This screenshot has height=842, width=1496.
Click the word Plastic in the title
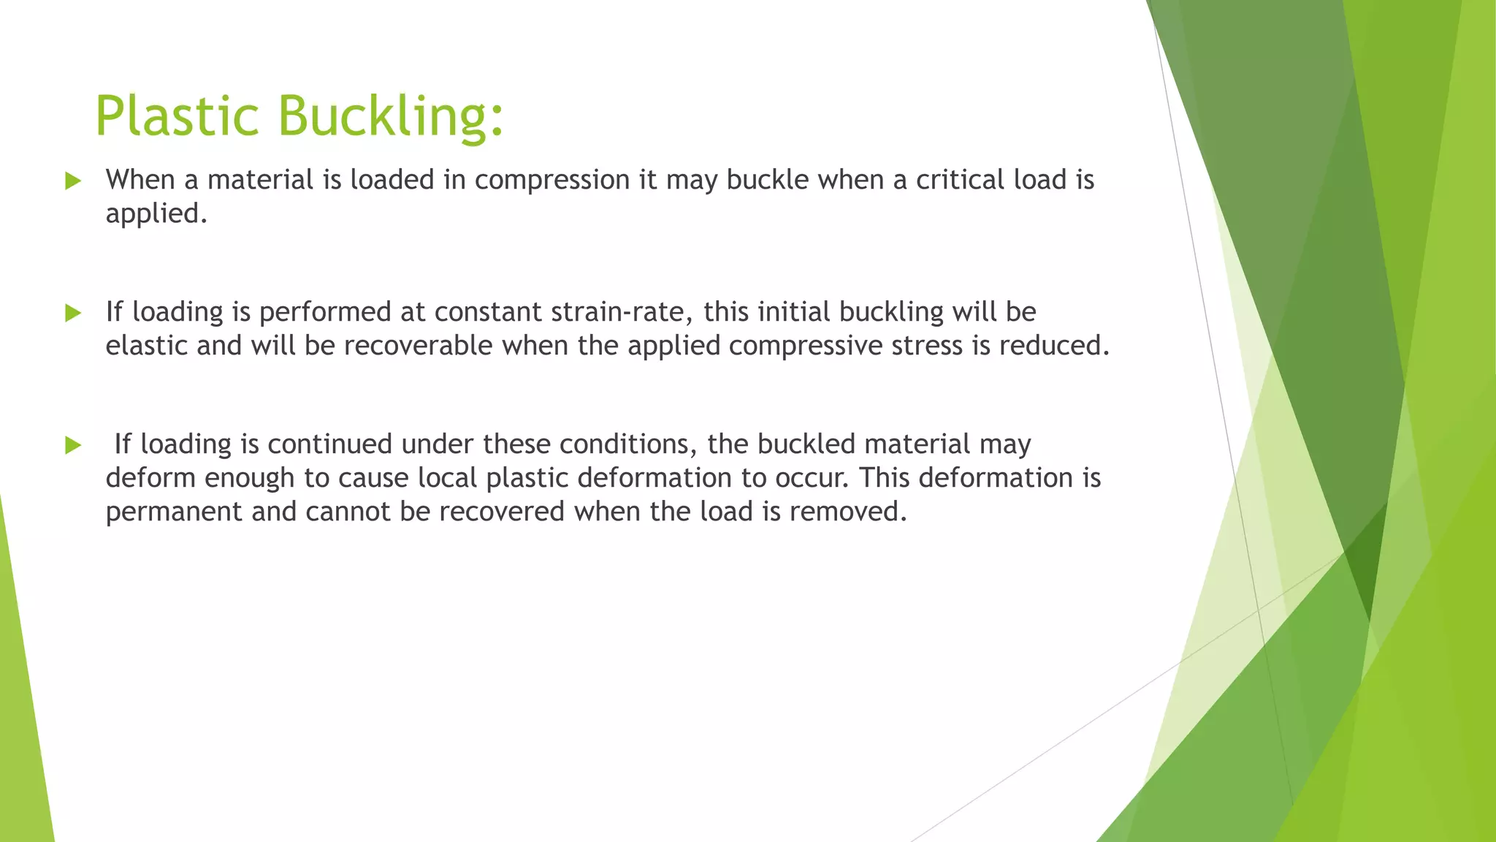tap(177, 115)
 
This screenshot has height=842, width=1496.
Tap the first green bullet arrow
tap(72, 181)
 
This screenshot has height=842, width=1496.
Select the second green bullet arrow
tap(72, 313)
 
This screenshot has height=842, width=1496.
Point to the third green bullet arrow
tap(72, 444)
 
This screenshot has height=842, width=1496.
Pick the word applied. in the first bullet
tap(156, 214)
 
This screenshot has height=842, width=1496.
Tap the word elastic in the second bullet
tap(146, 346)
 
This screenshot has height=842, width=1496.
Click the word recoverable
tap(418, 346)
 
